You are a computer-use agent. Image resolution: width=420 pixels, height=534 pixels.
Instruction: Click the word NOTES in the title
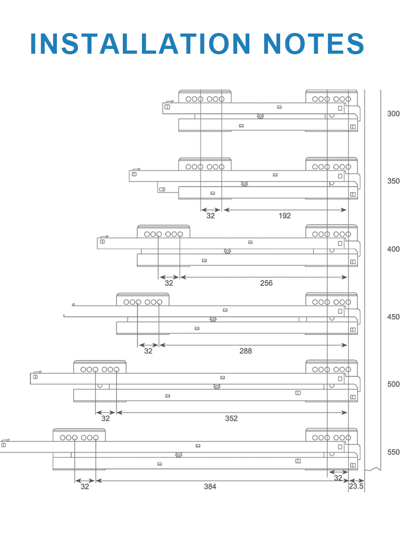pyautogui.click(x=314, y=44)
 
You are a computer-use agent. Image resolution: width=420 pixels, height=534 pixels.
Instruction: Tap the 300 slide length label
pyautogui.click(x=393, y=114)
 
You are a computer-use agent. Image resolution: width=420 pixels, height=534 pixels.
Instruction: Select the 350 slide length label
pyautogui.click(x=393, y=181)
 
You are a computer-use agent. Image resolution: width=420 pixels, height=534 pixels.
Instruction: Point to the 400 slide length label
pyautogui.click(x=393, y=249)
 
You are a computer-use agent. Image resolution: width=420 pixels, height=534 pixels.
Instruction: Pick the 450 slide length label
pyautogui.click(x=393, y=317)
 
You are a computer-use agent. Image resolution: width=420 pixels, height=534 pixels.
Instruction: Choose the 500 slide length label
pyautogui.click(x=393, y=385)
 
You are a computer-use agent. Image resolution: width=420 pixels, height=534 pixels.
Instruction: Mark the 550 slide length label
pyautogui.click(x=393, y=452)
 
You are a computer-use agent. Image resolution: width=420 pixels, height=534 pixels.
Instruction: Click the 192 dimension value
pyautogui.click(x=284, y=216)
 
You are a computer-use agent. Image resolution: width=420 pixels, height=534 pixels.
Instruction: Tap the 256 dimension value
pyautogui.click(x=266, y=283)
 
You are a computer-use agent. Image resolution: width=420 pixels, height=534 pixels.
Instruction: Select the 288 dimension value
pyautogui.click(x=246, y=351)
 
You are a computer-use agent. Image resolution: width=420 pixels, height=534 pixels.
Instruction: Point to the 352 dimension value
pyautogui.click(x=231, y=419)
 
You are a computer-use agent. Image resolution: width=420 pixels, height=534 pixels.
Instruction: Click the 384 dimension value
pyautogui.click(x=210, y=487)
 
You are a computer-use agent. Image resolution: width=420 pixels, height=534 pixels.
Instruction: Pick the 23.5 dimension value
pyautogui.click(x=356, y=486)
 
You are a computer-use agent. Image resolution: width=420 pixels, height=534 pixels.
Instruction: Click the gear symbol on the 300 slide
pyautogui.click(x=261, y=116)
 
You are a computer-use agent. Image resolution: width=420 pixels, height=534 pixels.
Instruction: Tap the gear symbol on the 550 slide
pyautogui.click(x=179, y=455)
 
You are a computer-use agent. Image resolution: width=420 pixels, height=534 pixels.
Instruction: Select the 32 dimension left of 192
pyautogui.click(x=211, y=216)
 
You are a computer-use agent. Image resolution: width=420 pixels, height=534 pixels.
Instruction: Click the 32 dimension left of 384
pyautogui.click(x=85, y=487)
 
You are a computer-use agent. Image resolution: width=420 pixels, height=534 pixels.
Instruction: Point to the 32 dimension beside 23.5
pyautogui.click(x=338, y=478)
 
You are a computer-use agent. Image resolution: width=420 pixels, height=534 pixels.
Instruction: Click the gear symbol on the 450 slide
pyautogui.click(x=213, y=319)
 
